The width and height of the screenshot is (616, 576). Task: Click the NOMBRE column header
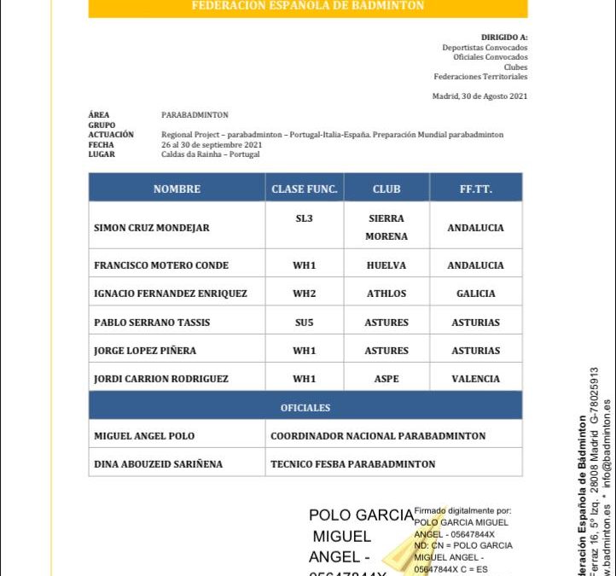[x=177, y=189]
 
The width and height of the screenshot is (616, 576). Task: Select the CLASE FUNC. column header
[x=304, y=189]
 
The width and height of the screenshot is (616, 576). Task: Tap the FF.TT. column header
[x=475, y=189]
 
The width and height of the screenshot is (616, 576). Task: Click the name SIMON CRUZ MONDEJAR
[x=152, y=228]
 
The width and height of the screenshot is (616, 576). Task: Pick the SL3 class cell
[x=304, y=218]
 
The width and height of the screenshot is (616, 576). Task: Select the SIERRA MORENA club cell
[x=386, y=227]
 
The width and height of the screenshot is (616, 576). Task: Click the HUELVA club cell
[x=386, y=265]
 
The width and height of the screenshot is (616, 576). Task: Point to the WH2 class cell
[x=304, y=294]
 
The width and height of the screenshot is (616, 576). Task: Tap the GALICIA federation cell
[x=475, y=294]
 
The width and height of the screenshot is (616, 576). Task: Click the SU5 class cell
[x=304, y=323]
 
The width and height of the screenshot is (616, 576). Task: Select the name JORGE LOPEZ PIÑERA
[x=145, y=351]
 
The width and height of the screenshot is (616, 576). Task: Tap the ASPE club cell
[x=386, y=379]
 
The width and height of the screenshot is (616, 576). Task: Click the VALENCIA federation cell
[x=475, y=379]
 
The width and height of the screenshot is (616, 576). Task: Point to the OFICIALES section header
[x=305, y=408]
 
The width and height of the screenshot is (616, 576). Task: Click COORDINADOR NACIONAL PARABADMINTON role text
[x=378, y=436]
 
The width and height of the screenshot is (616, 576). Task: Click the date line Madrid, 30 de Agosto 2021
[x=479, y=96]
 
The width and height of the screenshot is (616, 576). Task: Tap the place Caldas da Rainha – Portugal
[x=211, y=154]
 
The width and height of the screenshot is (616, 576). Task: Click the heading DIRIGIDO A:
[x=504, y=38]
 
